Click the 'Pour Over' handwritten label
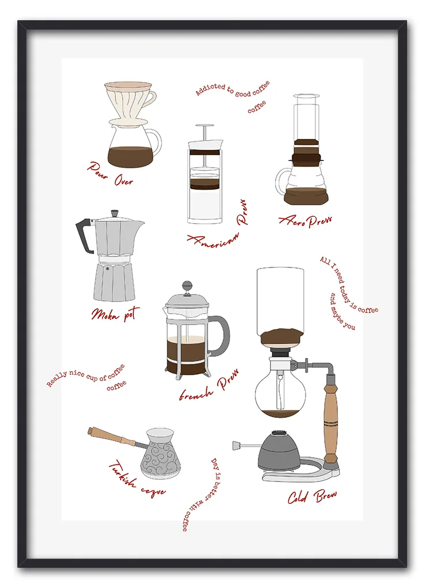click(x=111, y=174)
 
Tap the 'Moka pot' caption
click(x=115, y=314)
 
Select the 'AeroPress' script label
click(x=305, y=221)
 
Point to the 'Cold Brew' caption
click(x=312, y=496)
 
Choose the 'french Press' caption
click(x=209, y=386)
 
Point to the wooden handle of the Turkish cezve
click(x=111, y=437)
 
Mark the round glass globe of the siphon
click(x=280, y=392)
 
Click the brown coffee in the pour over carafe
click(x=130, y=156)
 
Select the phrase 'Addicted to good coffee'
click(x=232, y=89)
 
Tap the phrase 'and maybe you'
click(x=342, y=312)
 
